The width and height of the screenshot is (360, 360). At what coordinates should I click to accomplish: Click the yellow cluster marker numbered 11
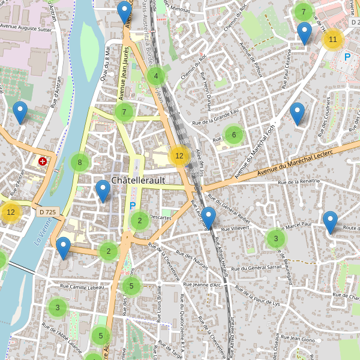333,40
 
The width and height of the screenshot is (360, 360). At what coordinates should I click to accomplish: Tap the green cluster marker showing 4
156,76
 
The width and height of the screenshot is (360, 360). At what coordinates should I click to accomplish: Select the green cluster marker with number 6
234,135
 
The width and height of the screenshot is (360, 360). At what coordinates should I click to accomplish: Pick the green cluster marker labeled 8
80,162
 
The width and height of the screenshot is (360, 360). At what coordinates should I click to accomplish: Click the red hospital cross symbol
43,161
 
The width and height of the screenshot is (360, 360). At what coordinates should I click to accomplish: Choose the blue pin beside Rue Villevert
208,217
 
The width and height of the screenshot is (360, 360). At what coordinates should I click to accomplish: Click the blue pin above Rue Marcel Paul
330,221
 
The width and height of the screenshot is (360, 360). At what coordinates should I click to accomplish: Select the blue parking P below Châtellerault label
133,206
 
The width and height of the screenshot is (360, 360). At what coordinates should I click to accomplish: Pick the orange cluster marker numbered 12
178,155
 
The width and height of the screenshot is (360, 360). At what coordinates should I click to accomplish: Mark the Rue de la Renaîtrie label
299,181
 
